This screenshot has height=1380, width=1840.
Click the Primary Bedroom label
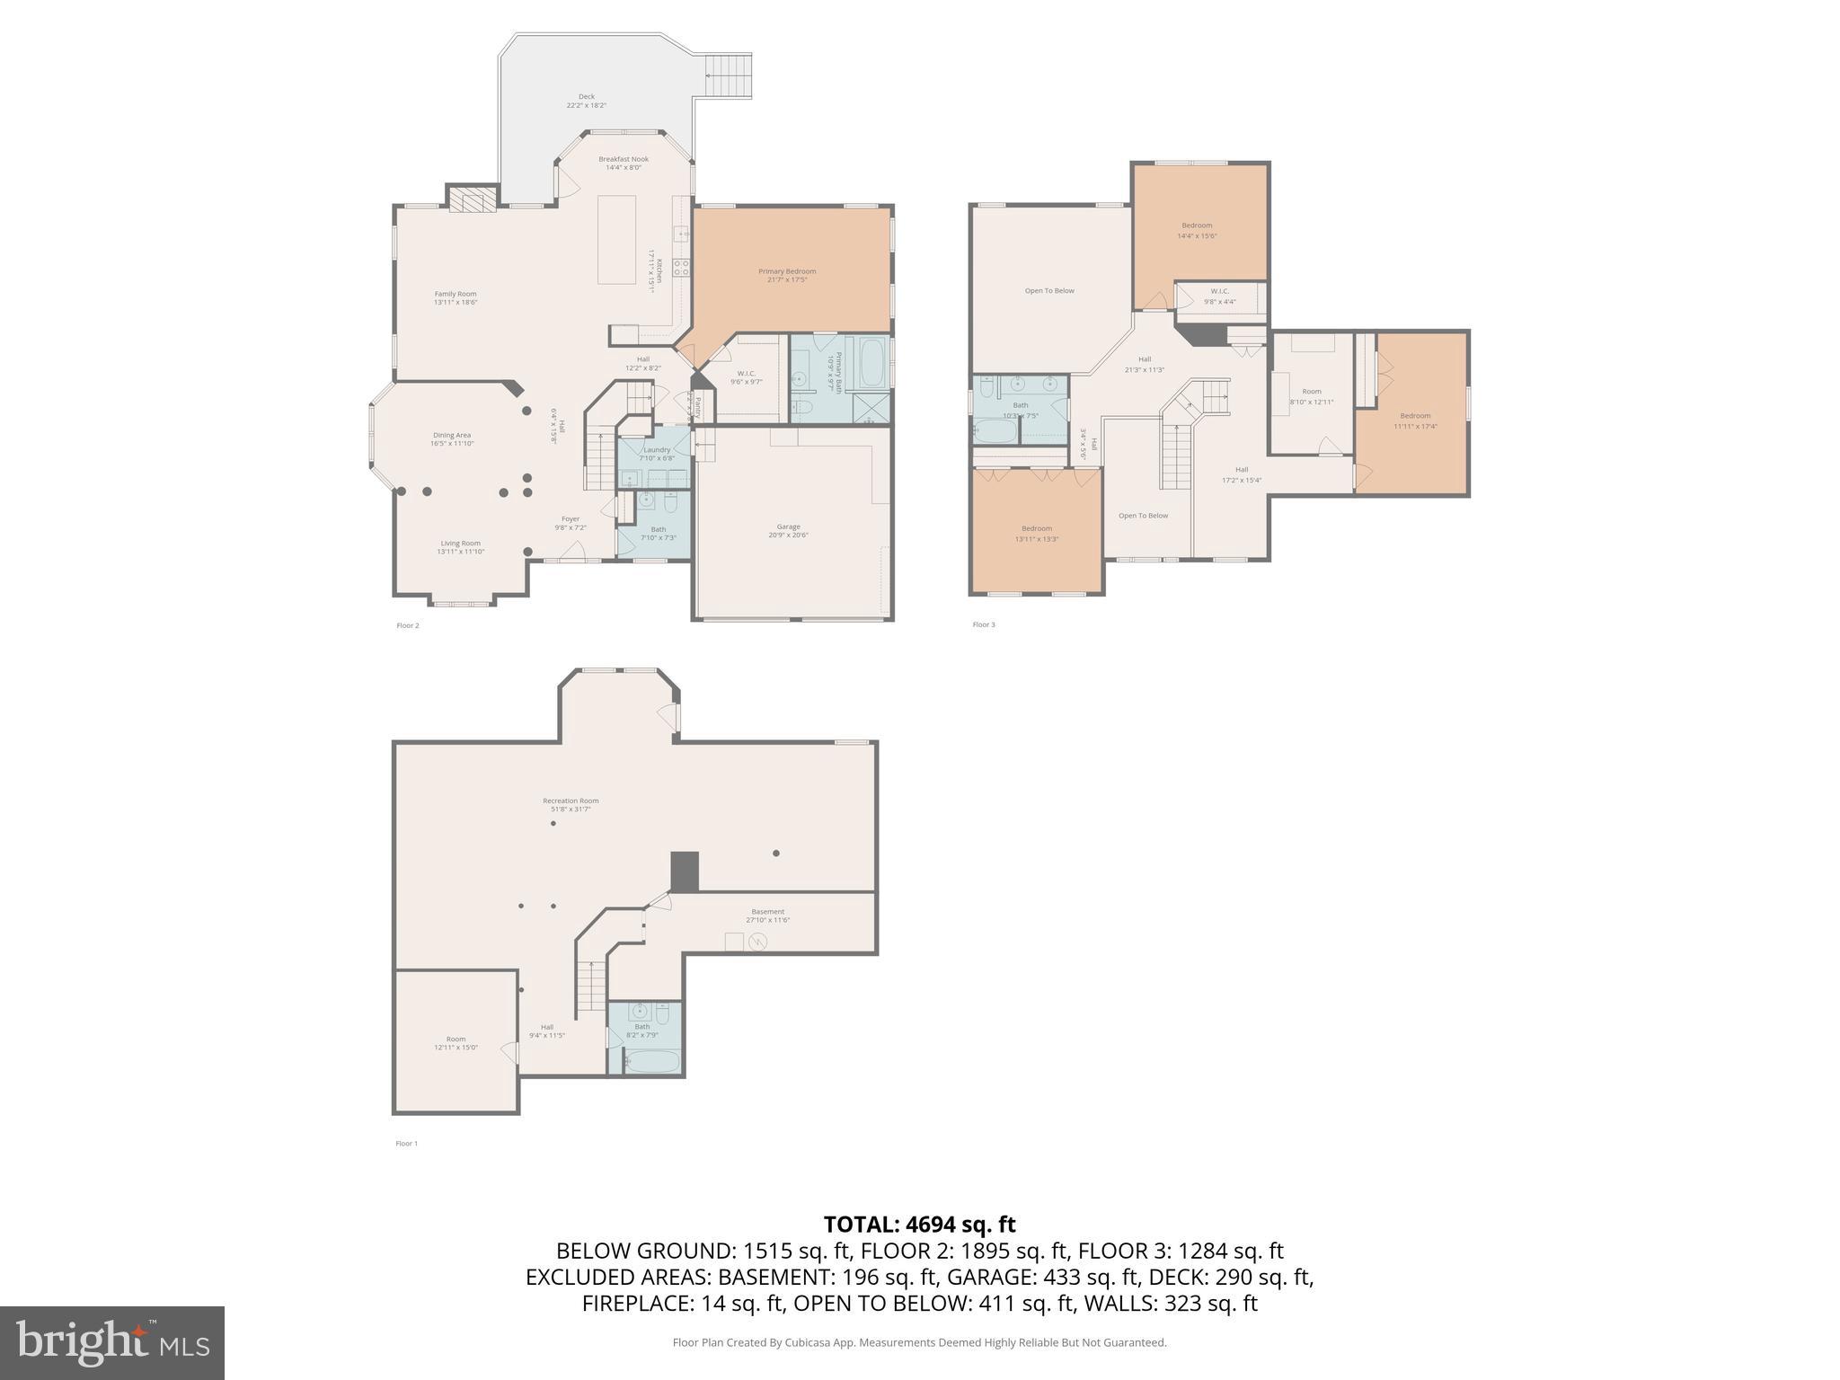[787, 275]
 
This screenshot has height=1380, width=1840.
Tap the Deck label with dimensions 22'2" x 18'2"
[586, 101]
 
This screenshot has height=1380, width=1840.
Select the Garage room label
[788, 531]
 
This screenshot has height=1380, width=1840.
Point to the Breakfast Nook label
[624, 163]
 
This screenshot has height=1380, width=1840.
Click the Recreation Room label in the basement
[571, 804]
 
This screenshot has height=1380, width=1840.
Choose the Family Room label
[456, 297]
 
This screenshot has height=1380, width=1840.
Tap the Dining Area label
[452, 438]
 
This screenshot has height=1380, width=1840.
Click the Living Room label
[460, 546]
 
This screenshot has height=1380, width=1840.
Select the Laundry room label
[657, 454]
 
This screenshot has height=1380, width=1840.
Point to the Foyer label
[571, 522]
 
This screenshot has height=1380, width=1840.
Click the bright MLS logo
[112, 1342]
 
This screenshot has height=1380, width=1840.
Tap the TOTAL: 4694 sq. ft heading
[919, 1225]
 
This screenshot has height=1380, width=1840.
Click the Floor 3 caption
[984, 624]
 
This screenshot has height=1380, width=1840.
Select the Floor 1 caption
[406, 1144]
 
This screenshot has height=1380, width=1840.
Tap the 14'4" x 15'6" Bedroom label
[1197, 230]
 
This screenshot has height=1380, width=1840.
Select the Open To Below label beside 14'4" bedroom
[1049, 291]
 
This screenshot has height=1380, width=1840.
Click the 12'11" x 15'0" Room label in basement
[456, 1042]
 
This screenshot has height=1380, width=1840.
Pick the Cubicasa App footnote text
[919, 1342]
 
